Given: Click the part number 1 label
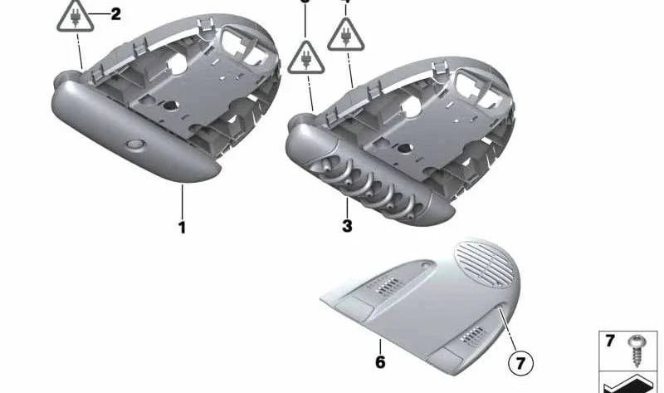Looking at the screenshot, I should tap(182, 227).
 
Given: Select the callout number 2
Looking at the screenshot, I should tap(115, 13).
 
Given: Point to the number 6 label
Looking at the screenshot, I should tap(380, 362).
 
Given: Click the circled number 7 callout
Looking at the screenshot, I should tap(520, 362).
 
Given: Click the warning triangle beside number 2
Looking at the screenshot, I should tap(76, 17).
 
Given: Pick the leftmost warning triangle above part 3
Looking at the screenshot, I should tap(307, 57).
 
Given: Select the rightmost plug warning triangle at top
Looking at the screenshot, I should tap(344, 35).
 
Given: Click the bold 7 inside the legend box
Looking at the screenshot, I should tap(610, 341).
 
